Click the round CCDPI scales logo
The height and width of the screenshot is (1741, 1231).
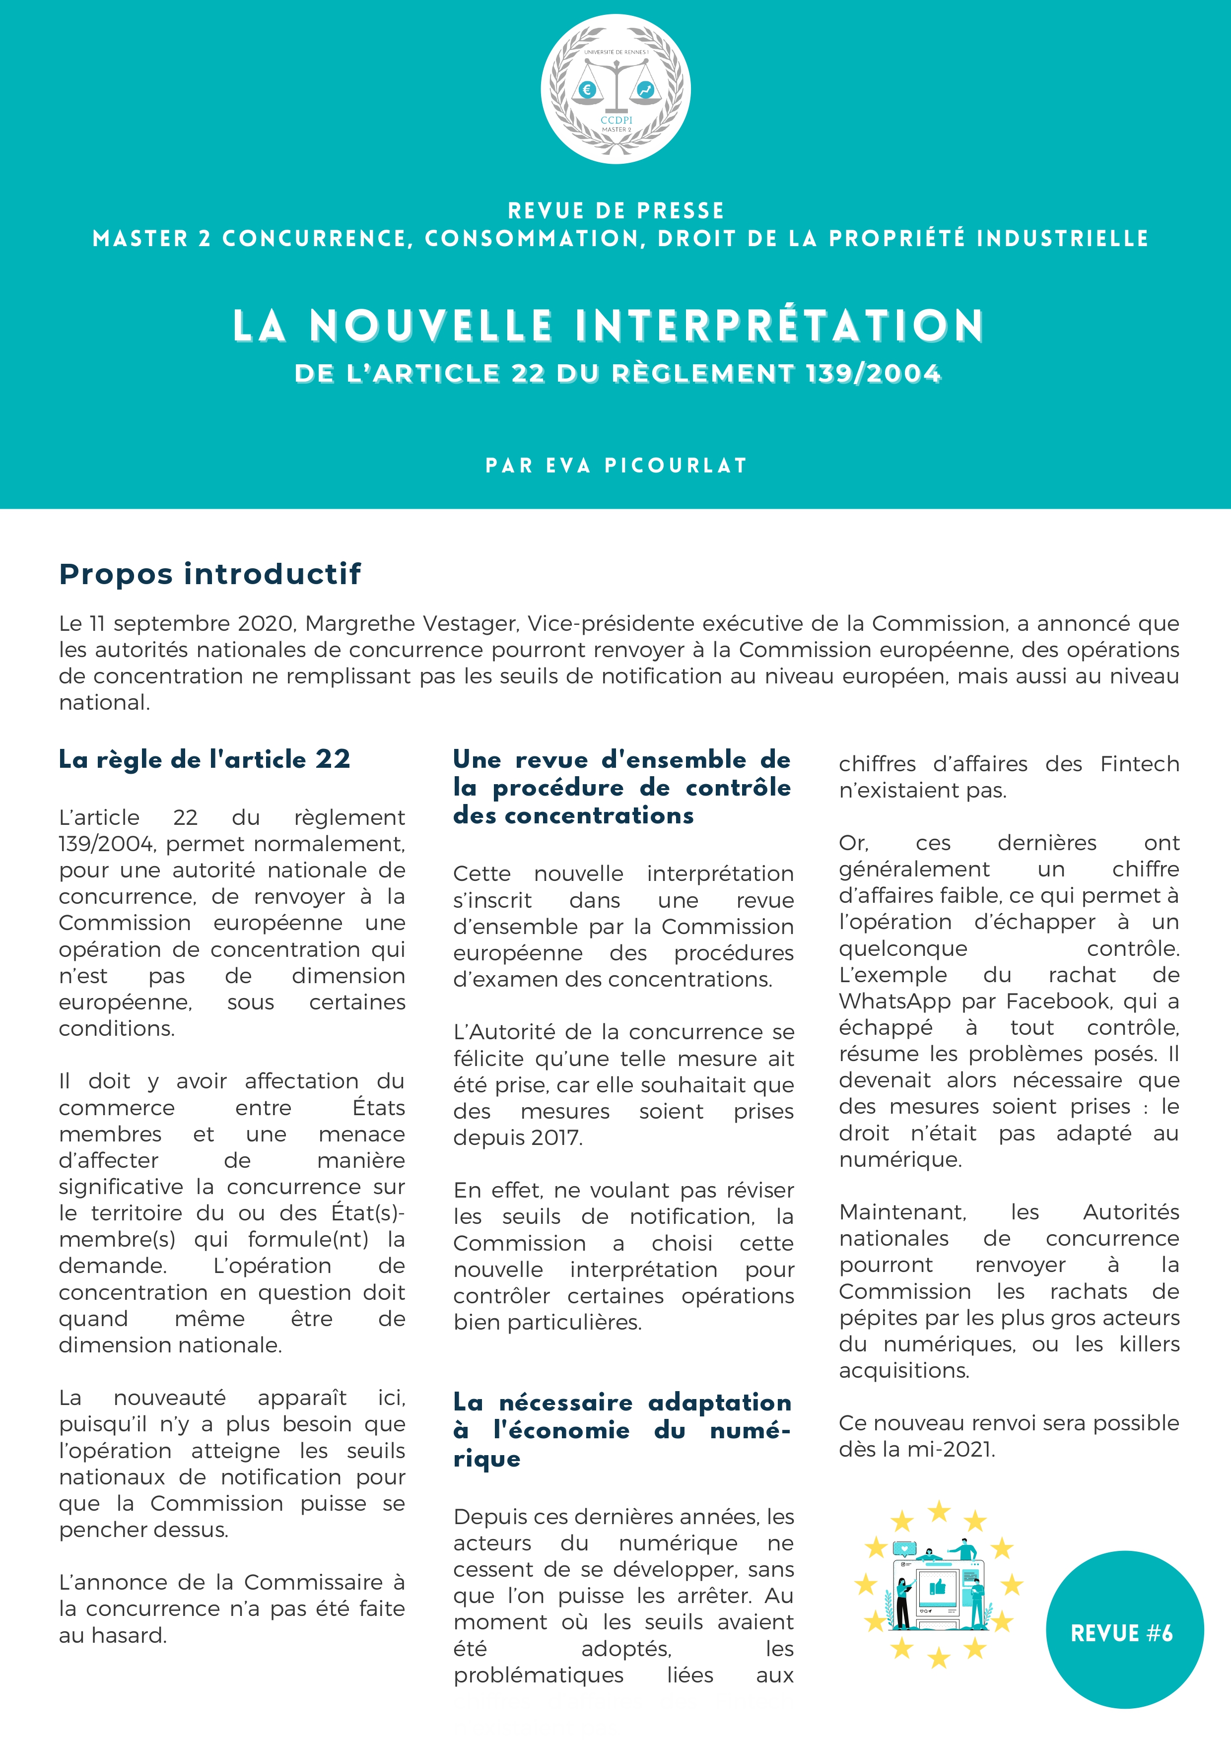(x=615, y=89)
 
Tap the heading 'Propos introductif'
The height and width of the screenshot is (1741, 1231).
(x=210, y=574)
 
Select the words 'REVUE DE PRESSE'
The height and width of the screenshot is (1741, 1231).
(x=615, y=210)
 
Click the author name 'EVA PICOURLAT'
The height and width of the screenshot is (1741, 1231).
(x=647, y=465)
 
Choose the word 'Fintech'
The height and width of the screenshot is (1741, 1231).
(x=1139, y=764)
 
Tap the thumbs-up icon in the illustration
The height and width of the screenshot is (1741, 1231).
(x=938, y=1586)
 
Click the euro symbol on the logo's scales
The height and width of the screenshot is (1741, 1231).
(x=586, y=89)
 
